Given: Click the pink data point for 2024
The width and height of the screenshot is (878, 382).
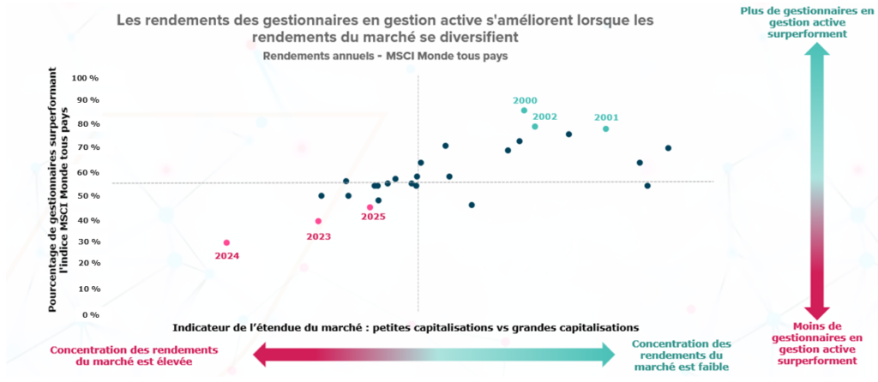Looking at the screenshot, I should coord(226,242).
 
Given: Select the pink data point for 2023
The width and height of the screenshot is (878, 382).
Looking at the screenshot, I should coord(318,221).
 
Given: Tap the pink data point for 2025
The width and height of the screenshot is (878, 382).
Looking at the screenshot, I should coord(370,207).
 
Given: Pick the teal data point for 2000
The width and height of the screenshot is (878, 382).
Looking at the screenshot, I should coord(524,110).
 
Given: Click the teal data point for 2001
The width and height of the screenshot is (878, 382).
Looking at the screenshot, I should coord(605,129).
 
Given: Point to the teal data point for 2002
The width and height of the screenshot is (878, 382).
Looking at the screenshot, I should coord(535,127).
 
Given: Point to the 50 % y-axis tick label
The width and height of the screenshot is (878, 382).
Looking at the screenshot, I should coord(89,196).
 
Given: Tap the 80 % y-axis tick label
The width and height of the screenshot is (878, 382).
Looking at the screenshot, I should coord(89,125).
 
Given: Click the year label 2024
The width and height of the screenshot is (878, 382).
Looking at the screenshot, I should coord(226,256).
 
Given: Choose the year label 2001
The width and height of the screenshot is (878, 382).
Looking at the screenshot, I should coord(605,117).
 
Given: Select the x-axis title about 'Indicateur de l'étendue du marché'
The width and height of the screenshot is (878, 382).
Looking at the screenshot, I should coord(406,327).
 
